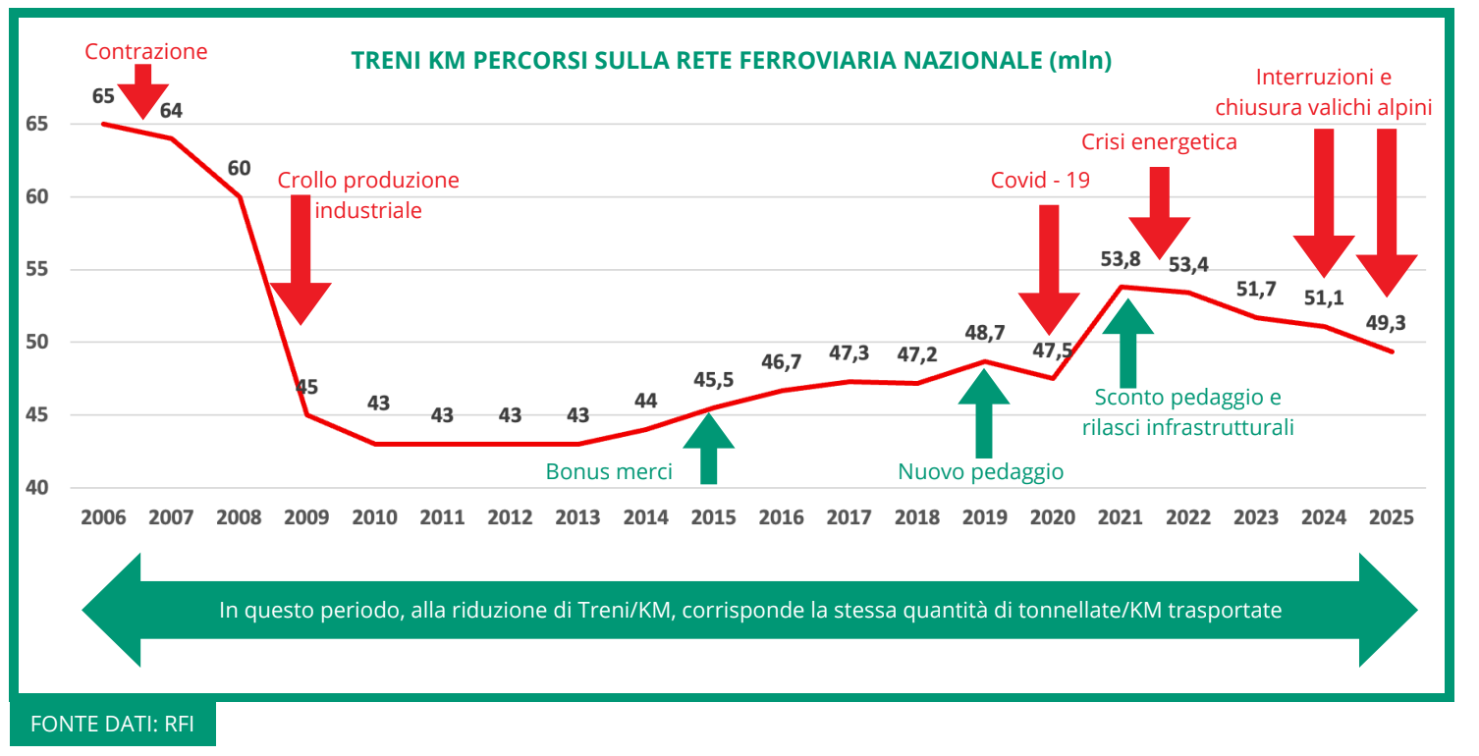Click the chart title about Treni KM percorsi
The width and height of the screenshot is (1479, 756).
point(732,61)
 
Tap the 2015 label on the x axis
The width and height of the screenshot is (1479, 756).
point(713,517)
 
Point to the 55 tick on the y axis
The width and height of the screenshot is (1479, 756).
point(35,270)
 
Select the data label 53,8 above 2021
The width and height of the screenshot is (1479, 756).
point(1120,259)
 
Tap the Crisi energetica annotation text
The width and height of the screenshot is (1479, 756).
point(1159,142)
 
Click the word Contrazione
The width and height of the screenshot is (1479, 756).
point(146,51)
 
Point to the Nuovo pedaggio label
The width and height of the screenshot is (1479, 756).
point(980,471)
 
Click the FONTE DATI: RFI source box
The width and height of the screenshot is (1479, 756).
point(113,725)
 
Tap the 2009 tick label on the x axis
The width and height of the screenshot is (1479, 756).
point(306,517)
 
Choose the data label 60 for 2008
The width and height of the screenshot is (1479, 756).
point(239,168)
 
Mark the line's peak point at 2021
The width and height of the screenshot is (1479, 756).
point(1121,287)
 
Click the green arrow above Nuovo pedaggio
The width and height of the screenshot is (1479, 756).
point(983,413)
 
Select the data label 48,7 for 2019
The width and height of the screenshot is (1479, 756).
point(984,334)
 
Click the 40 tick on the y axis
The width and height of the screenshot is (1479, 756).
point(35,488)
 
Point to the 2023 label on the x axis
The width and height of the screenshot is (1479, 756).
point(1255,517)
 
